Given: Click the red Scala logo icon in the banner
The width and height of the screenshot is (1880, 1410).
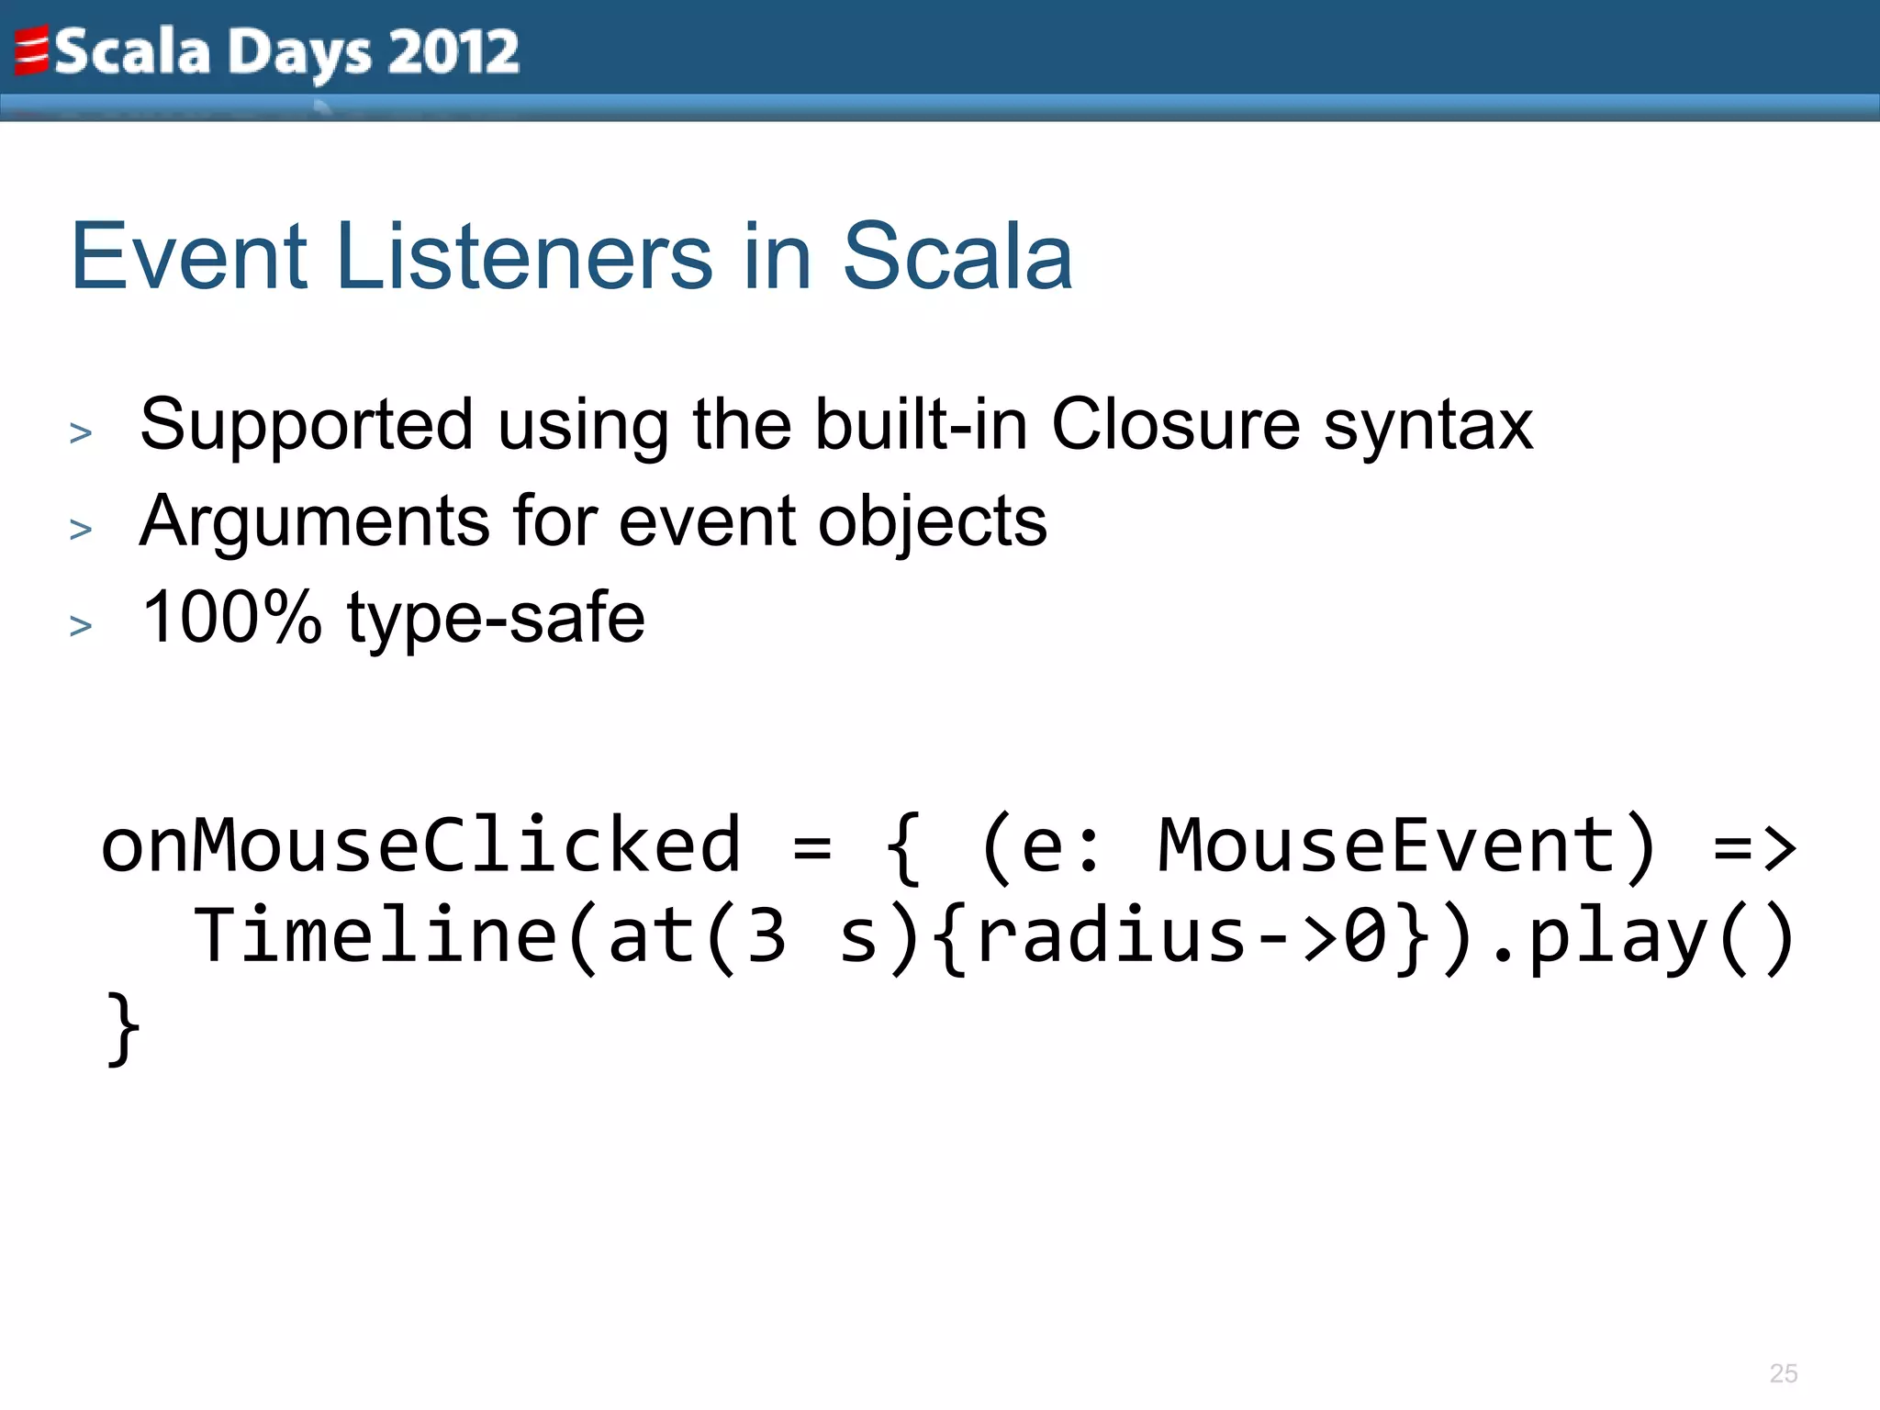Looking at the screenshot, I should tap(30, 51).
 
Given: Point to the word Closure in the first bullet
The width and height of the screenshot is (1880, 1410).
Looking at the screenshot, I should tap(1176, 424).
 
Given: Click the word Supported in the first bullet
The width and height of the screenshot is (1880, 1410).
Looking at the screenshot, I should tap(307, 426).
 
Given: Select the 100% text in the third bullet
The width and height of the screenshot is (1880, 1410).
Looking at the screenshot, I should tap(232, 617).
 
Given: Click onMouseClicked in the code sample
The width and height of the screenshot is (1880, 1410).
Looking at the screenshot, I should tap(420, 845).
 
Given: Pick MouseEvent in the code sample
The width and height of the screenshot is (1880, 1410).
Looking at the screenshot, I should tap(1387, 845).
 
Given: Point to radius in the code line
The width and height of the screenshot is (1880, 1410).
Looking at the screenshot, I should tap(1112, 936).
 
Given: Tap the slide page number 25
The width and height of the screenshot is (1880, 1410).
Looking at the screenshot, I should tap(1783, 1373).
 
